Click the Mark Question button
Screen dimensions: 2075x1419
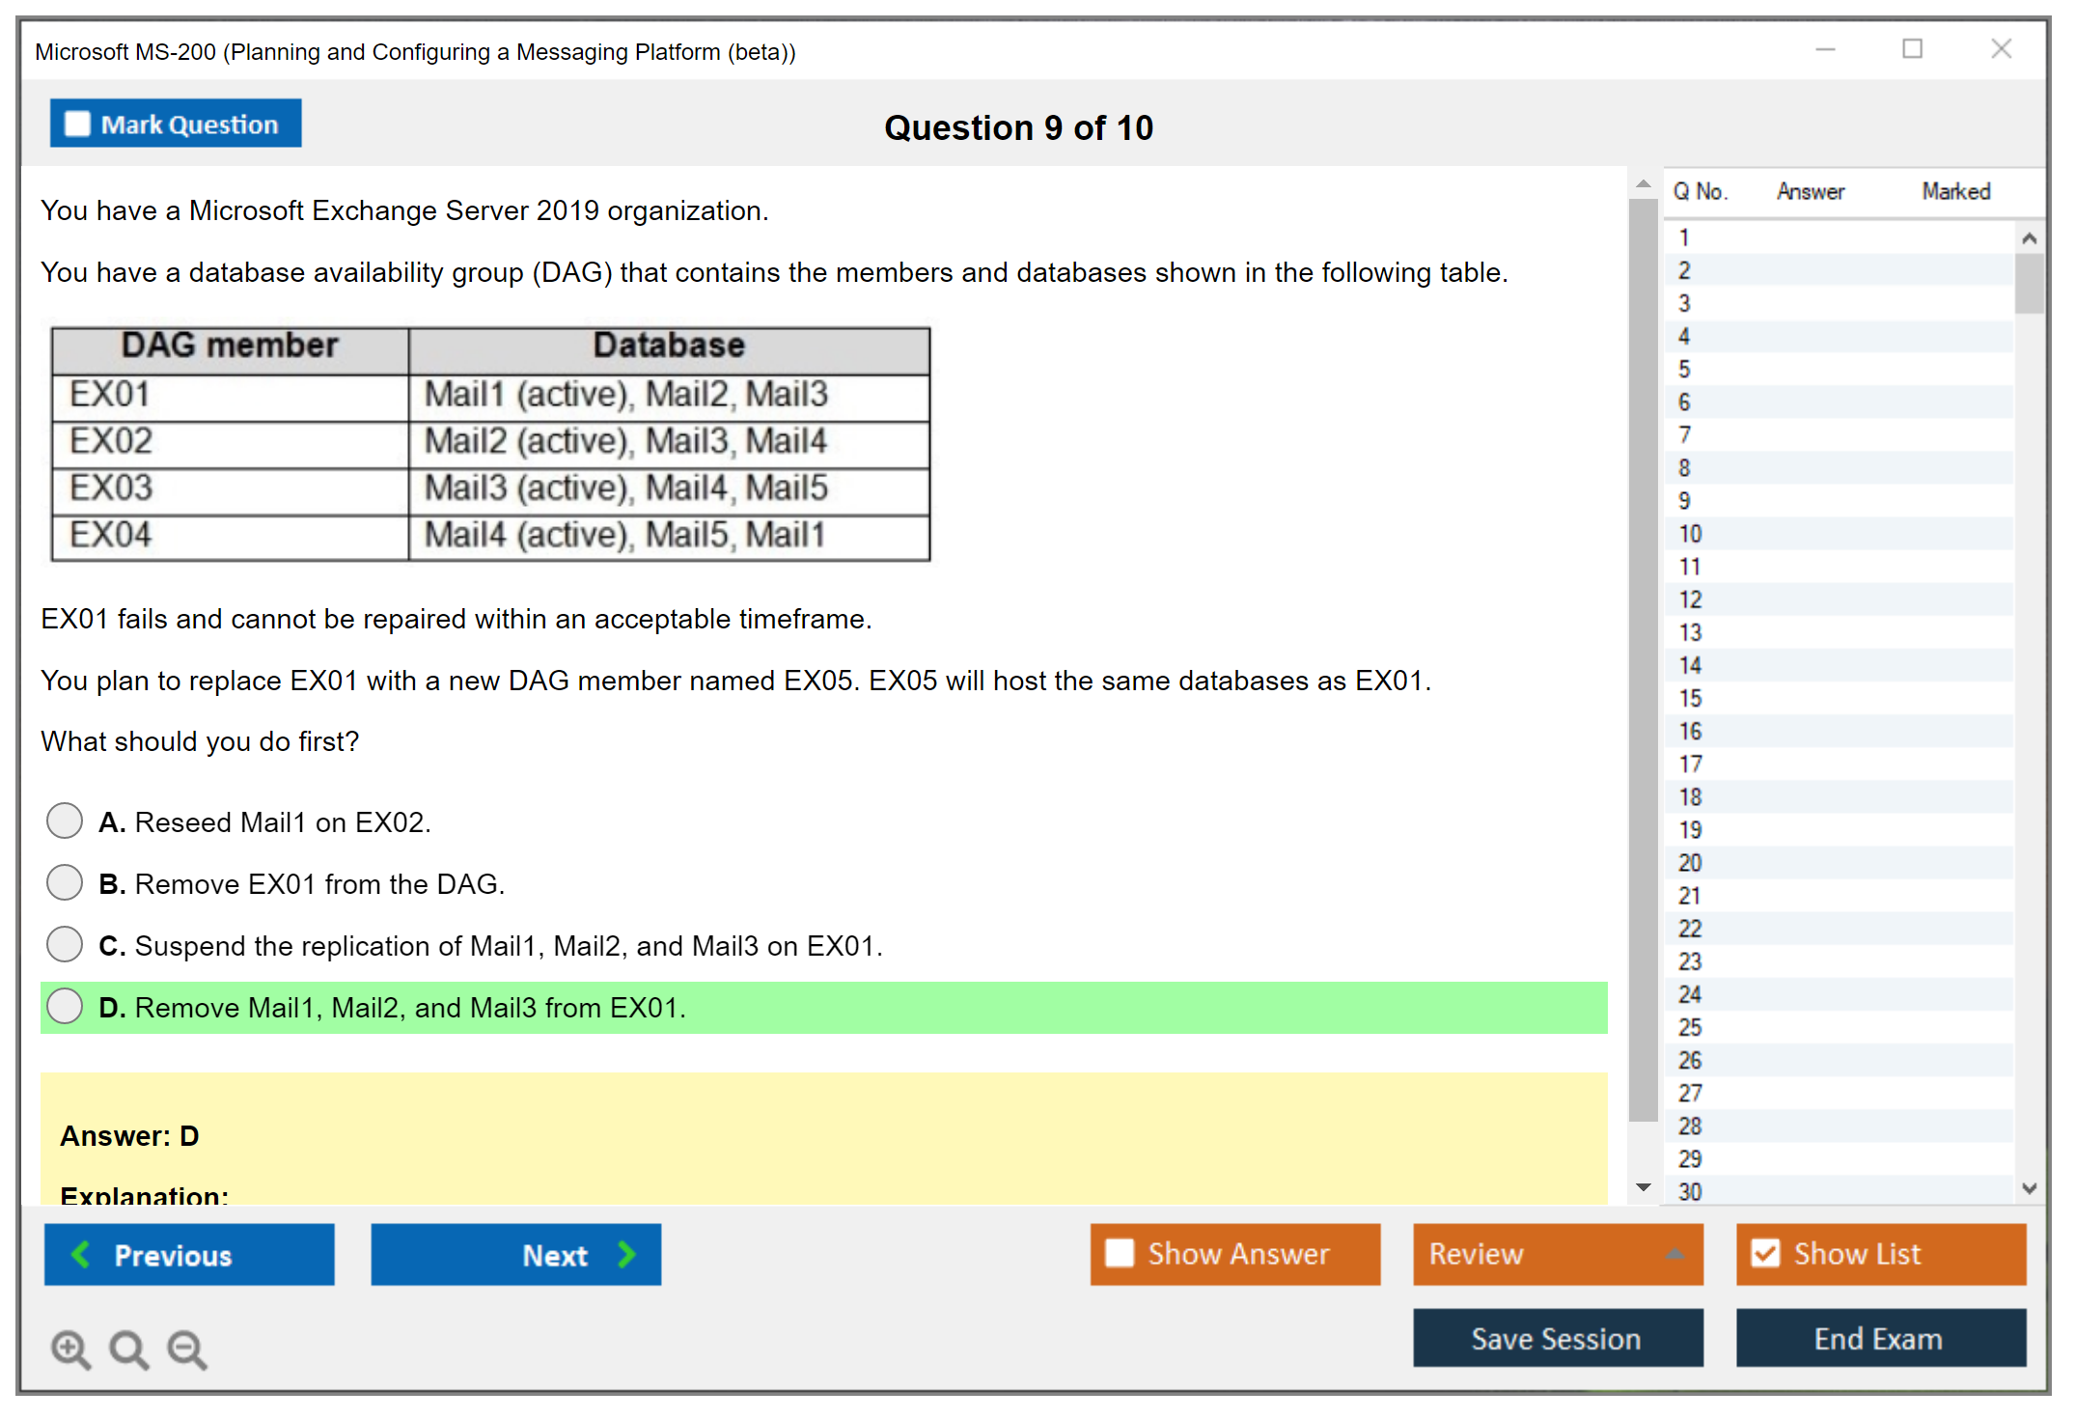click(176, 124)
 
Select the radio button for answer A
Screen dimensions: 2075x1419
click(65, 821)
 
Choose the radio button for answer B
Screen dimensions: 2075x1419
click(65, 882)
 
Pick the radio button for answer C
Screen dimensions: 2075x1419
click(65, 944)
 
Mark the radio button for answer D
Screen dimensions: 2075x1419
click(65, 1006)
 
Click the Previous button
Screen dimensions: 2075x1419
click(189, 1254)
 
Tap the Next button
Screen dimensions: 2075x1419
click(516, 1254)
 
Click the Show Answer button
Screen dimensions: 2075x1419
click(1235, 1254)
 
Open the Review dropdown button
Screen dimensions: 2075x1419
click(1559, 1254)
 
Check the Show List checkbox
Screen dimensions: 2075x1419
click(1766, 1253)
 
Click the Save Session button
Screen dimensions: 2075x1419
click(1559, 1338)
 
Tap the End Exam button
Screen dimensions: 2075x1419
click(1881, 1338)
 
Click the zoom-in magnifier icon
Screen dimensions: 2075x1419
click(70, 1349)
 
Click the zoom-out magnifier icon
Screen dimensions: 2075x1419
click(187, 1349)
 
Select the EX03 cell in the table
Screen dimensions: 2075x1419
click(231, 488)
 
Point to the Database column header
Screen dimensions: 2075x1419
click(669, 346)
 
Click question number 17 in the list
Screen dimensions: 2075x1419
click(1690, 765)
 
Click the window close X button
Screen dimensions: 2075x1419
click(2002, 48)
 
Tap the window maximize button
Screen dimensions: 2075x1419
click(1913, 48)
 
